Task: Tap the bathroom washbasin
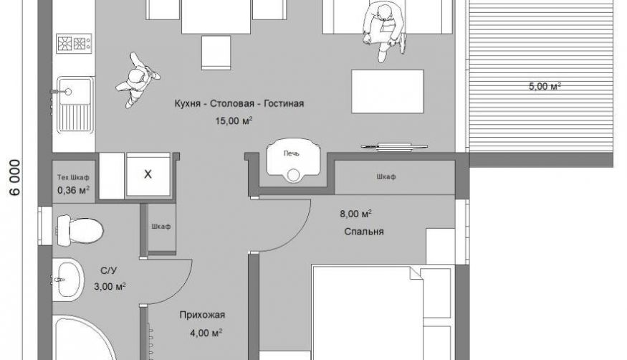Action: pos(68,278)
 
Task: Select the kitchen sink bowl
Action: pos(74,92)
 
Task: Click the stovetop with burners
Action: pos(74,43)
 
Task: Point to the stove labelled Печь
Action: pos(293,161)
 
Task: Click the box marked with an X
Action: pos(148,174)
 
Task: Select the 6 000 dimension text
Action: pos(15,177)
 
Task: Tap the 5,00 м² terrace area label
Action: pos(545,86)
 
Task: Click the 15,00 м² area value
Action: pos(234,120)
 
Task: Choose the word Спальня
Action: pos(364,232)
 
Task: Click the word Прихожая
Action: pos(202,316)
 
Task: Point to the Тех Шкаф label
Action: pos(73,177)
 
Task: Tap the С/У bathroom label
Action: pos(108,271)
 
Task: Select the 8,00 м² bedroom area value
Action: pos(356,214)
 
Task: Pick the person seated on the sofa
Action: pos(384,32)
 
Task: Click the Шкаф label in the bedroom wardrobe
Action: pos(386,176)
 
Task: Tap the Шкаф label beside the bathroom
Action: pos(161,227)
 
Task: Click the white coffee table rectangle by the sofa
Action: pos(388,92)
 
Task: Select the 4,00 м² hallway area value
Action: pos(206,333)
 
